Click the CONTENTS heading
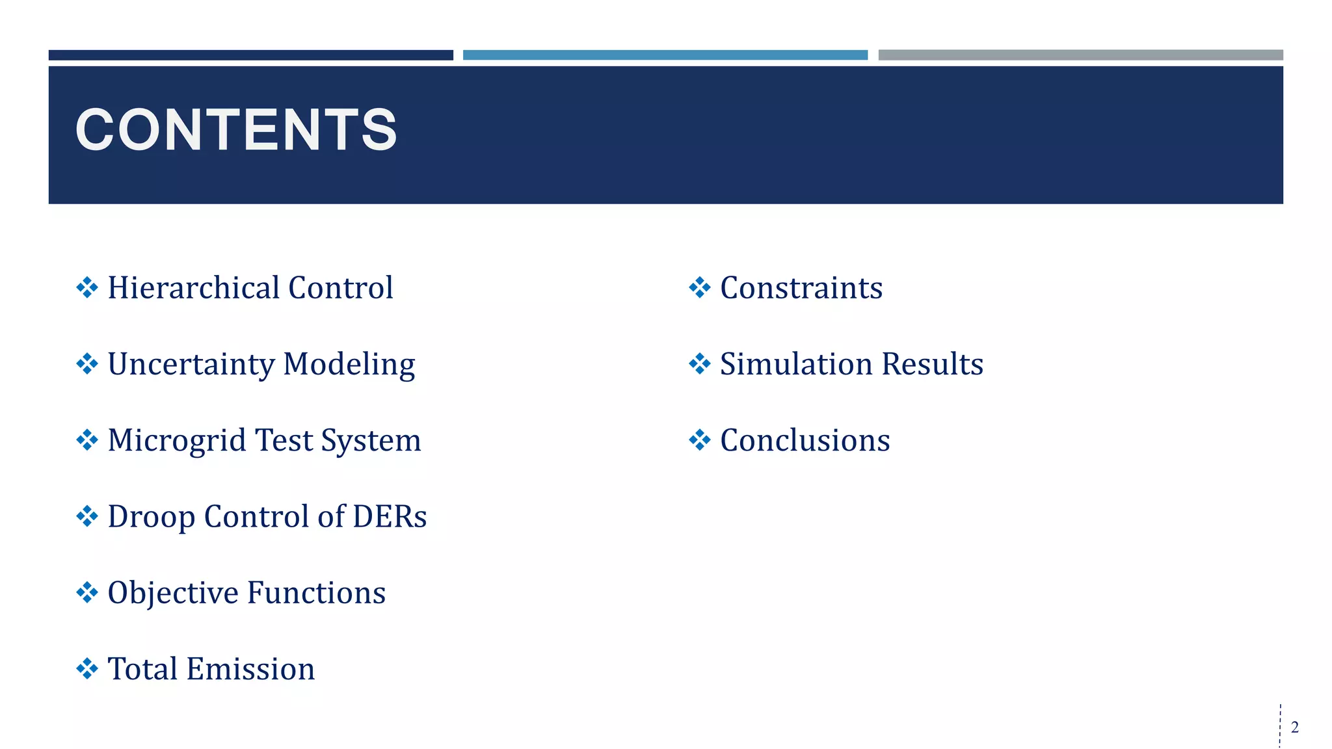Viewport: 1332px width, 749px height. (236, 130)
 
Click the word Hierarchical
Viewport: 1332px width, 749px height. (193, 288)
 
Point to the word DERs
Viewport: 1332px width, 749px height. (389, 517)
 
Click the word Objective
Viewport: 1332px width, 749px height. (172, 594)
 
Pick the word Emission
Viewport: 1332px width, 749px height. (250, 670)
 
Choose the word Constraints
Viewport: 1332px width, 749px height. (801, 288)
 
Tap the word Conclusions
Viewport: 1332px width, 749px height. (805, 441)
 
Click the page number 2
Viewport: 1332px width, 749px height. (1294, 727)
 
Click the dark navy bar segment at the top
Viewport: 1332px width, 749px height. (250, 55)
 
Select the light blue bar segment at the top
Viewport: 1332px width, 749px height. (665, 55)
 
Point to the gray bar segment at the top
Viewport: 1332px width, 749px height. (1080, 55)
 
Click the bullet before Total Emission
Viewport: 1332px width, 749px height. (87, 668)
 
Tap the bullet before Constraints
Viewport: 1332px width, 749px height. (699, 287)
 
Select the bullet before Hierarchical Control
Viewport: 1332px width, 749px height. (87, 287)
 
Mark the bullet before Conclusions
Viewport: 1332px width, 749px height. (699, 440)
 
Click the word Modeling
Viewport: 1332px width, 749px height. (349, 365)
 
